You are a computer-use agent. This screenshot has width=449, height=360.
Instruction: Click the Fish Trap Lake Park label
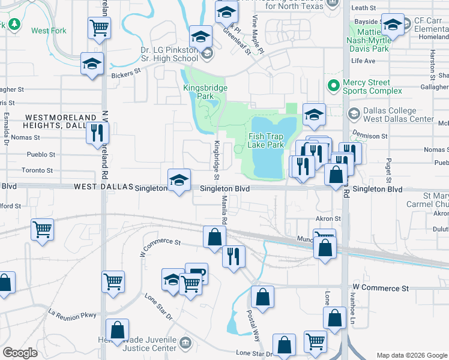[266, 140]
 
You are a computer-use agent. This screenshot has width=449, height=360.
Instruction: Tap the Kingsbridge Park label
[205, 92]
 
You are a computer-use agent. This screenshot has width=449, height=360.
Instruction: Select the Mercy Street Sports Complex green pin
[333, 86]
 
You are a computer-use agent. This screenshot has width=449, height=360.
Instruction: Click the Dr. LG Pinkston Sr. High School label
[169, 54]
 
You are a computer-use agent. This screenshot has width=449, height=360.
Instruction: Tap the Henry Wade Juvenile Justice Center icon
[185, 343]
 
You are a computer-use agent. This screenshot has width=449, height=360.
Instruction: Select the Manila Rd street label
[224, 210]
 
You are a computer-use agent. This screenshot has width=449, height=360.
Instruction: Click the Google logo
[20, 353]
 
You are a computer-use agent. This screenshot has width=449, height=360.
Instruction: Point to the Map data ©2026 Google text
[412, 355]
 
